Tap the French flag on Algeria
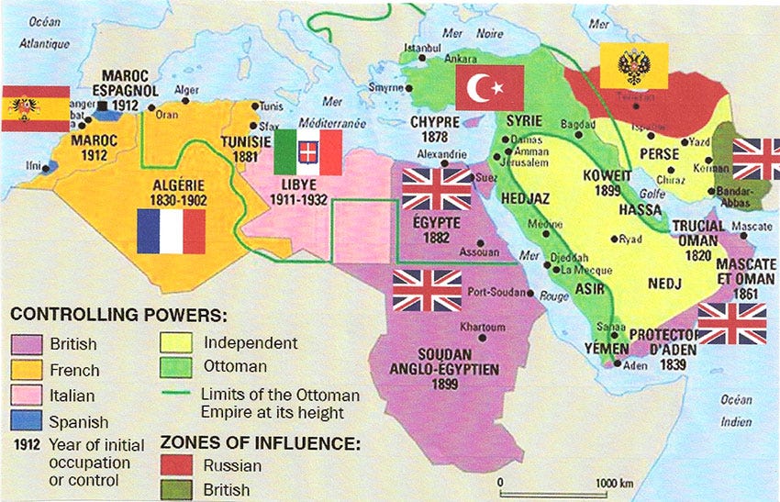coord(171,231)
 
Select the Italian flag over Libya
coord(308,152)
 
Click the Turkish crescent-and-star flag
coord(489,88)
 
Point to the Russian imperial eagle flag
coord(634,66)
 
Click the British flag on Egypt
coord(437,189)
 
